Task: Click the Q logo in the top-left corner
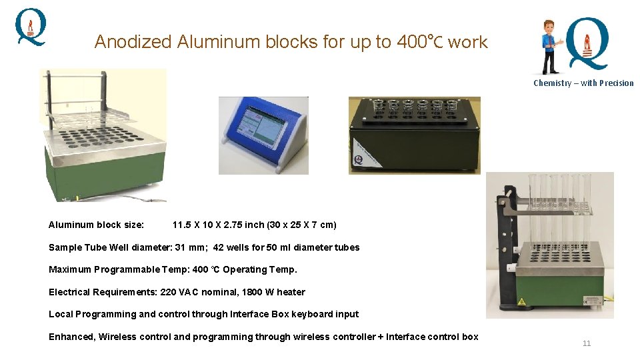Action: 31,27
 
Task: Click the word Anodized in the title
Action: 133,42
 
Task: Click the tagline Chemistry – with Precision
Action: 583,83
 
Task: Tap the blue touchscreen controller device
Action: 263,135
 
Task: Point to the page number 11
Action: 587,343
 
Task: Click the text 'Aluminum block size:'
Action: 96,225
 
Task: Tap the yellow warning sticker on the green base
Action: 521,302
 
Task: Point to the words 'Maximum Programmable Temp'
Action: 111,269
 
